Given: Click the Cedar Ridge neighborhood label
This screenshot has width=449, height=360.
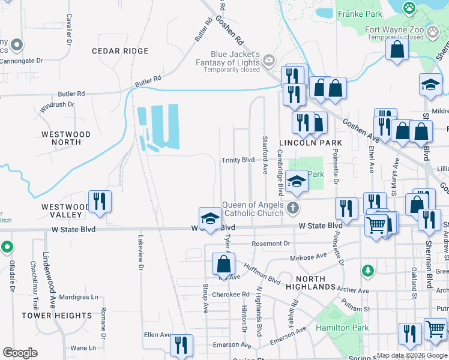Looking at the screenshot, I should point(119,51).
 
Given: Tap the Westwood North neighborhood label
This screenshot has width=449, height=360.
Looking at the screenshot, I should point(66,138).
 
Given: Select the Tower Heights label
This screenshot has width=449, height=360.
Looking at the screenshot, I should point(57,315).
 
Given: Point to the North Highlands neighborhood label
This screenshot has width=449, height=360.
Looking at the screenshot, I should point(311,283).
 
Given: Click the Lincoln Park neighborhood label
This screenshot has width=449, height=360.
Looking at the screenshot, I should point(310,143).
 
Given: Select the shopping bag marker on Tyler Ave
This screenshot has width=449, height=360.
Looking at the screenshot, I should point(223,263).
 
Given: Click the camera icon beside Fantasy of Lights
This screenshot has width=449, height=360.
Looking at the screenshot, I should point(268,59).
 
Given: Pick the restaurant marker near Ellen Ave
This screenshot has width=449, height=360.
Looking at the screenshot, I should point(181,345).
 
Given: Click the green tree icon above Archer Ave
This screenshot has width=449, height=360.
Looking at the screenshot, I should point(367,271).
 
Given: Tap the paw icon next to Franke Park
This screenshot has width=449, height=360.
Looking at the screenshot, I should point(409,8).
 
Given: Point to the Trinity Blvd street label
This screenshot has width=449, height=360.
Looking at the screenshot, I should point(238,160).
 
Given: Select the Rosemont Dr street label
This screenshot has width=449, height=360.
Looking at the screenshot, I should point(271,244).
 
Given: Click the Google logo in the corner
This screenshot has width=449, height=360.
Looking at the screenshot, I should point(20,353).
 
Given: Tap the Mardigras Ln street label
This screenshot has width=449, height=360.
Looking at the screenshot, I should point(79,296).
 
